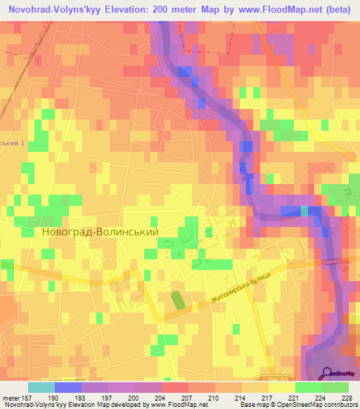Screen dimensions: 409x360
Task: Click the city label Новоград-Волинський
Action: coord(101,231)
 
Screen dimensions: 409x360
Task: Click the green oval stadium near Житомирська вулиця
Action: coord(178,301)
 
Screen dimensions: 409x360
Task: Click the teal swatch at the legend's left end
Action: coord(41,387)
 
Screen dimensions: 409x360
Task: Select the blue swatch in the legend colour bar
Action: coord(67,387)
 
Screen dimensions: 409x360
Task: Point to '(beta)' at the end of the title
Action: coord(332,8)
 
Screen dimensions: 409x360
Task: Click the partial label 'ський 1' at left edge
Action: coord(12,143)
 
